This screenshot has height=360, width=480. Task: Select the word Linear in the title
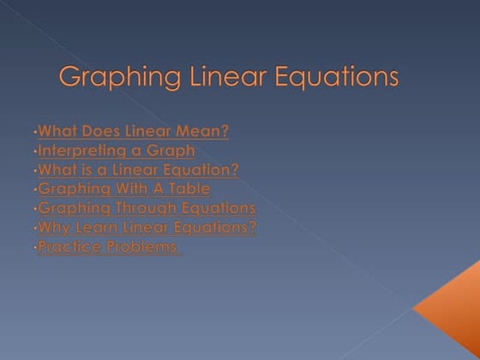[x=225, y=77]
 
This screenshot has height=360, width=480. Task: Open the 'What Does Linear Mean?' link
[x=134, y=131]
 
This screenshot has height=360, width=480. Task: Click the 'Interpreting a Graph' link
[x=117, y=150]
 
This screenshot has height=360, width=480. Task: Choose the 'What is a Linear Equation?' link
[x=139, y=170]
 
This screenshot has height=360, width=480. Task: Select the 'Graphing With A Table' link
[x=124, y=189]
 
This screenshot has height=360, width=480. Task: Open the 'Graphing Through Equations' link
[x=147, y=208]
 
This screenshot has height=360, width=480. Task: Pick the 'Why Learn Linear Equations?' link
[x=147, y=227]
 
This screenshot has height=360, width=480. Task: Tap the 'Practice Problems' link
[x=109, y=247]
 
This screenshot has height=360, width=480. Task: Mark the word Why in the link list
[x=54, y=227]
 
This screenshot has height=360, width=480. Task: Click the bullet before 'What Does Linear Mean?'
[x=35, y=133]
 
